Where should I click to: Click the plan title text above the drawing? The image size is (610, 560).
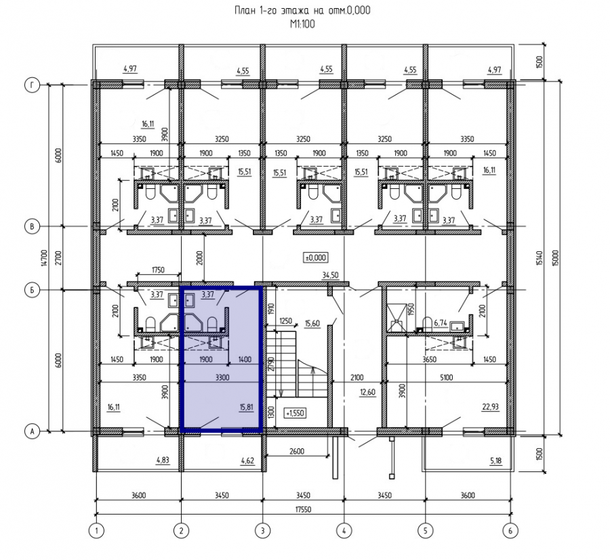[x=302, y=10]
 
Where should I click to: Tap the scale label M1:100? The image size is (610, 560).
[x=302, y=24]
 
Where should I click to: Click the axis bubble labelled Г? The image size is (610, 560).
[x=32, y=85]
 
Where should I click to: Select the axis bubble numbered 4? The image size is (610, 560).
[x=344, y=530]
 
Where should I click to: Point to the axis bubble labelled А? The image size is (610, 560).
[x=32, y=431]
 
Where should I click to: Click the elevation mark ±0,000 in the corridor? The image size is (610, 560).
[x=315, y=258]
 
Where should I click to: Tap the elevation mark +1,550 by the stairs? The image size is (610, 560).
[x=295, y=413]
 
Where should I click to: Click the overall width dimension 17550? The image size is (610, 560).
[x=303, y=509]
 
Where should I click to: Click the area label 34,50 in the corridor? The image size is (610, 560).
[x=330, y=276]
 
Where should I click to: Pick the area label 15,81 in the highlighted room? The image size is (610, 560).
[x=247, y=407]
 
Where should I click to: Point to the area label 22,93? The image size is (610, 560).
[x=490, y=407]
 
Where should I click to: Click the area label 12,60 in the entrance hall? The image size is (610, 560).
[x=367, y=392]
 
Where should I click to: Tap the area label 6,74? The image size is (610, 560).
[x=440, y=323]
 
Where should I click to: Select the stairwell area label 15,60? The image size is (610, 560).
[x=312, y=323]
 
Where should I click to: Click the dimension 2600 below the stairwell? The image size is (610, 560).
[x=297, y=451]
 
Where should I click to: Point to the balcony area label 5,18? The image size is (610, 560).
[x=495, y=461]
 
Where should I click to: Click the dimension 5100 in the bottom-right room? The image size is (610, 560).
[x=446, y=377]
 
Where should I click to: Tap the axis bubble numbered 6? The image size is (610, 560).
[x=510, y=530]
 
